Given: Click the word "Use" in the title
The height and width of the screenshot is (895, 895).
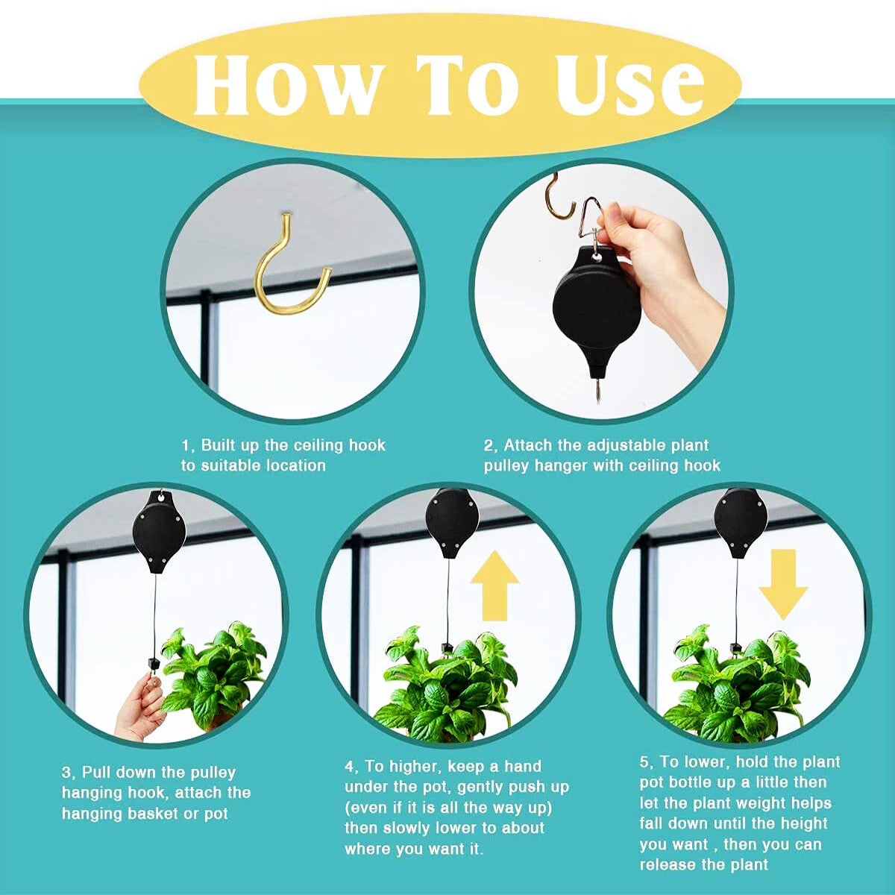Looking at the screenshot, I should click(630, 84).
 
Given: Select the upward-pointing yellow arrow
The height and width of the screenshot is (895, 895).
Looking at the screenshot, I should click(494, 585).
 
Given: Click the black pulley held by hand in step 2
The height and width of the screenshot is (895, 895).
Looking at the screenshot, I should click(597, 306).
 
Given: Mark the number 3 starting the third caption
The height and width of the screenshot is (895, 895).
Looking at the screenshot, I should click(66, 773).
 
